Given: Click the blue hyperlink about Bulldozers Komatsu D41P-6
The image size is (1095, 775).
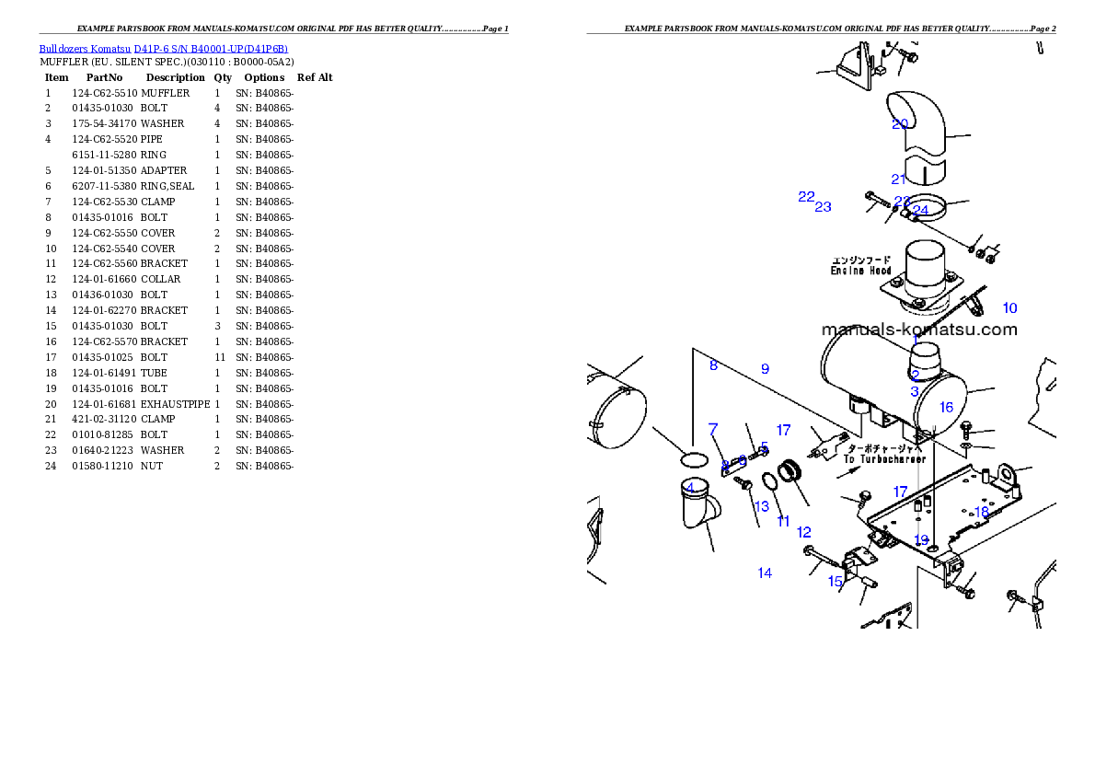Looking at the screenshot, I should [163, 49].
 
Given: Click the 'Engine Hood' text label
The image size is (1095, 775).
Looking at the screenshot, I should [860, 271].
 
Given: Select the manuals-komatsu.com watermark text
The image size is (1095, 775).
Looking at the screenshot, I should [918, 330].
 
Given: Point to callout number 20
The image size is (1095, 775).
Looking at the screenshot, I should [899, 124].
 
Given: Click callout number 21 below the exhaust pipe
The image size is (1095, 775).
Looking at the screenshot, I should [899, 179].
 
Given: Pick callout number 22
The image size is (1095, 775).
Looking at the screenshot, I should [806, 197].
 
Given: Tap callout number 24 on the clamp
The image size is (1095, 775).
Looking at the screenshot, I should [920, 211].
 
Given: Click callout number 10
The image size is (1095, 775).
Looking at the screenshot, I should [1009, 308].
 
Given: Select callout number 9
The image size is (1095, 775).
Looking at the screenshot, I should [765, 369].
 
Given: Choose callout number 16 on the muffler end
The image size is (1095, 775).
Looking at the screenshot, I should [946, 407].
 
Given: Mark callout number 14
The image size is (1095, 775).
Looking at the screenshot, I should [765, 573].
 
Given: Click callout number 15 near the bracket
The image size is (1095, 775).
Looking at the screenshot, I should [836, 582].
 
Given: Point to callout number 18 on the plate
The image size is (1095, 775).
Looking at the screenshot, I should [982, 512].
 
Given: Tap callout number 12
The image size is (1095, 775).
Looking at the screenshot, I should [804, 532].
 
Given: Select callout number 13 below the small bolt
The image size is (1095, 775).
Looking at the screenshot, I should [762, 507].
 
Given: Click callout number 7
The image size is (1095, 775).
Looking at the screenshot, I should [712, 429].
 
